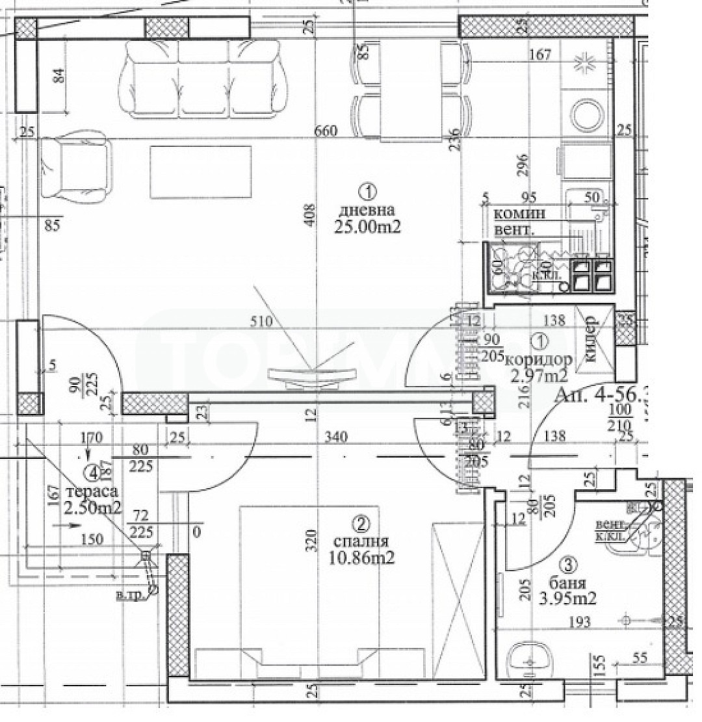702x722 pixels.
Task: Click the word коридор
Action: (538, 359)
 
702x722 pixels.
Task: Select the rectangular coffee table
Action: (201, 172)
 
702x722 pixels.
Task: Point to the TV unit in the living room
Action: (313, 376)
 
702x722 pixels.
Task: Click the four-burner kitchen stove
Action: (591, 274)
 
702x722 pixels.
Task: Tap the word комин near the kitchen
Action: (519, 214)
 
